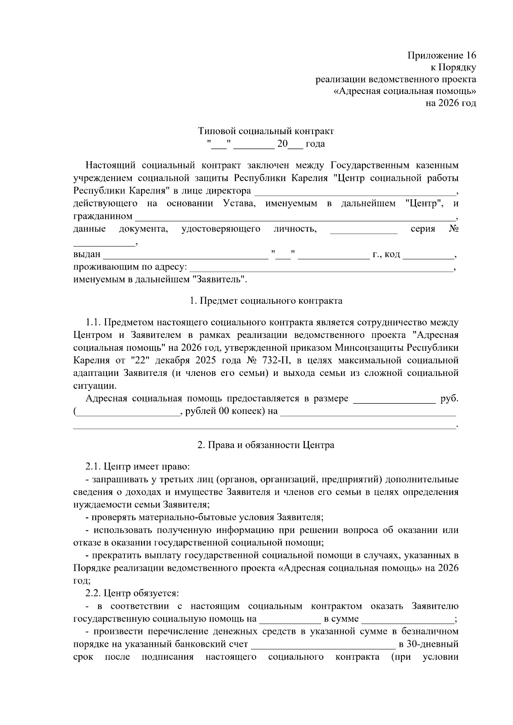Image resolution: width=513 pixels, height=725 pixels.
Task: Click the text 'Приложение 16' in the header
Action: tap(442, 56)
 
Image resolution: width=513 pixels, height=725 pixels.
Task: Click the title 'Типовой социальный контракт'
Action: tap(265, 131)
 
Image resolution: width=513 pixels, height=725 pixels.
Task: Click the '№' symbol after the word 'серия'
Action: tap(454, 229)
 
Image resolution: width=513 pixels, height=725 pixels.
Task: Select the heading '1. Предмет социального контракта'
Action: tap(265, 301)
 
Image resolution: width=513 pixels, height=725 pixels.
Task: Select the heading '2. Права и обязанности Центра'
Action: tap(265, 445)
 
